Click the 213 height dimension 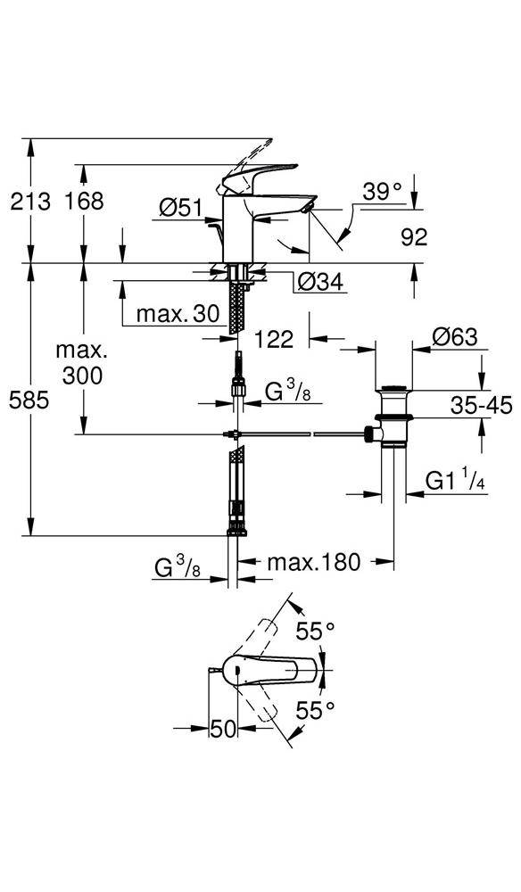(30, 201)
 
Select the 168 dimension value (84, 201)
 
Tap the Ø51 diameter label (181, 208)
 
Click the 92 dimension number (414, 237)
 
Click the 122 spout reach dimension (274, 339)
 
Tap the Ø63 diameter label (455, 337)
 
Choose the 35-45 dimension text (481, 404)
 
